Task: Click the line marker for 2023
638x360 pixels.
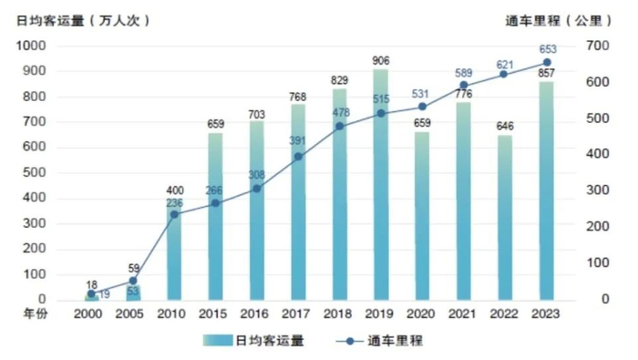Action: pos(547,63)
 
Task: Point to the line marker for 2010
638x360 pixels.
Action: pos(173,214)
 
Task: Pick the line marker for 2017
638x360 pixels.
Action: pos(298,157)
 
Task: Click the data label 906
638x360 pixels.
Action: pos(381,61)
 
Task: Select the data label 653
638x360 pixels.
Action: pos(547,49)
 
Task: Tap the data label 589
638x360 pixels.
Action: pos(465,73)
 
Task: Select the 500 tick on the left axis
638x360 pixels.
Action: pos(35,172)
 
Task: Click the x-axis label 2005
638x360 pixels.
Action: pos(132,313)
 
